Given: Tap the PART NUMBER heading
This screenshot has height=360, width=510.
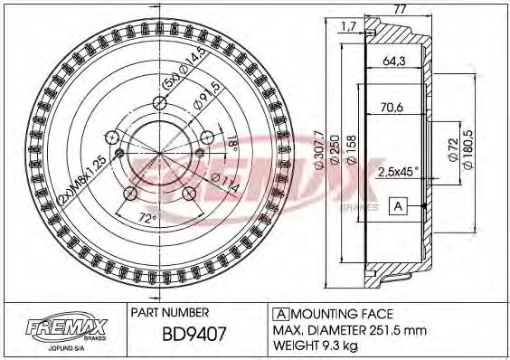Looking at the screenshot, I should (171, 310).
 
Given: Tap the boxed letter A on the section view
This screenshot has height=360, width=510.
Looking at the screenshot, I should (397, 207).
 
